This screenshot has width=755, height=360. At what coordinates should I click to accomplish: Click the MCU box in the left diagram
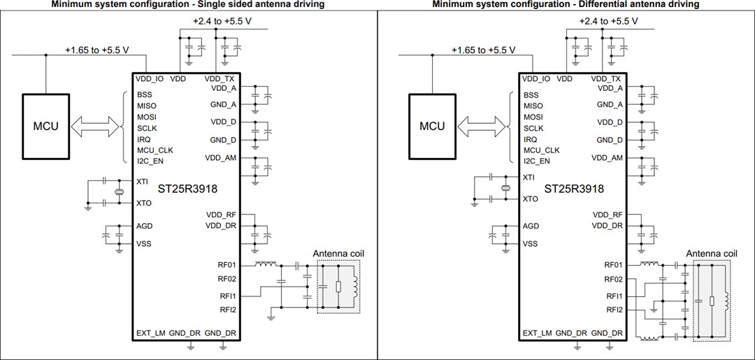46,127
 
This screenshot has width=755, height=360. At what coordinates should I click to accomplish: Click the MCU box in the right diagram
432,127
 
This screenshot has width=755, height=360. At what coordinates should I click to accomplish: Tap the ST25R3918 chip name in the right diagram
573,189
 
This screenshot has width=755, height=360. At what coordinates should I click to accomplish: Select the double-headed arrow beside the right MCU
482,127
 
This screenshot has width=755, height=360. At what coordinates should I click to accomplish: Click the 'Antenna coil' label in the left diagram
338,253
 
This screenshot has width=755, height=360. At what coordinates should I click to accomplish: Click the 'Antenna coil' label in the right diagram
712,253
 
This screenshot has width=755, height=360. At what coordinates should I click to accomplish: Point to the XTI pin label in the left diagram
143,181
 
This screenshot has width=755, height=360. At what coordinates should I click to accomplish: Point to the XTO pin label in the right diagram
531,199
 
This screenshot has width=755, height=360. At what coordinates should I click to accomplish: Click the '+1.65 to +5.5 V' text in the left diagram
97,50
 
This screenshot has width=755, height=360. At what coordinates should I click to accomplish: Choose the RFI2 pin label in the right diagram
614,309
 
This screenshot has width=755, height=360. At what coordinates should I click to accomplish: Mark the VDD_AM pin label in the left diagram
221,158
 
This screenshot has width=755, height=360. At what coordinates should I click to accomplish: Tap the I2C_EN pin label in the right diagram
537,161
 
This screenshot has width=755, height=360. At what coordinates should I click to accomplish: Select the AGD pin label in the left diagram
145,226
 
